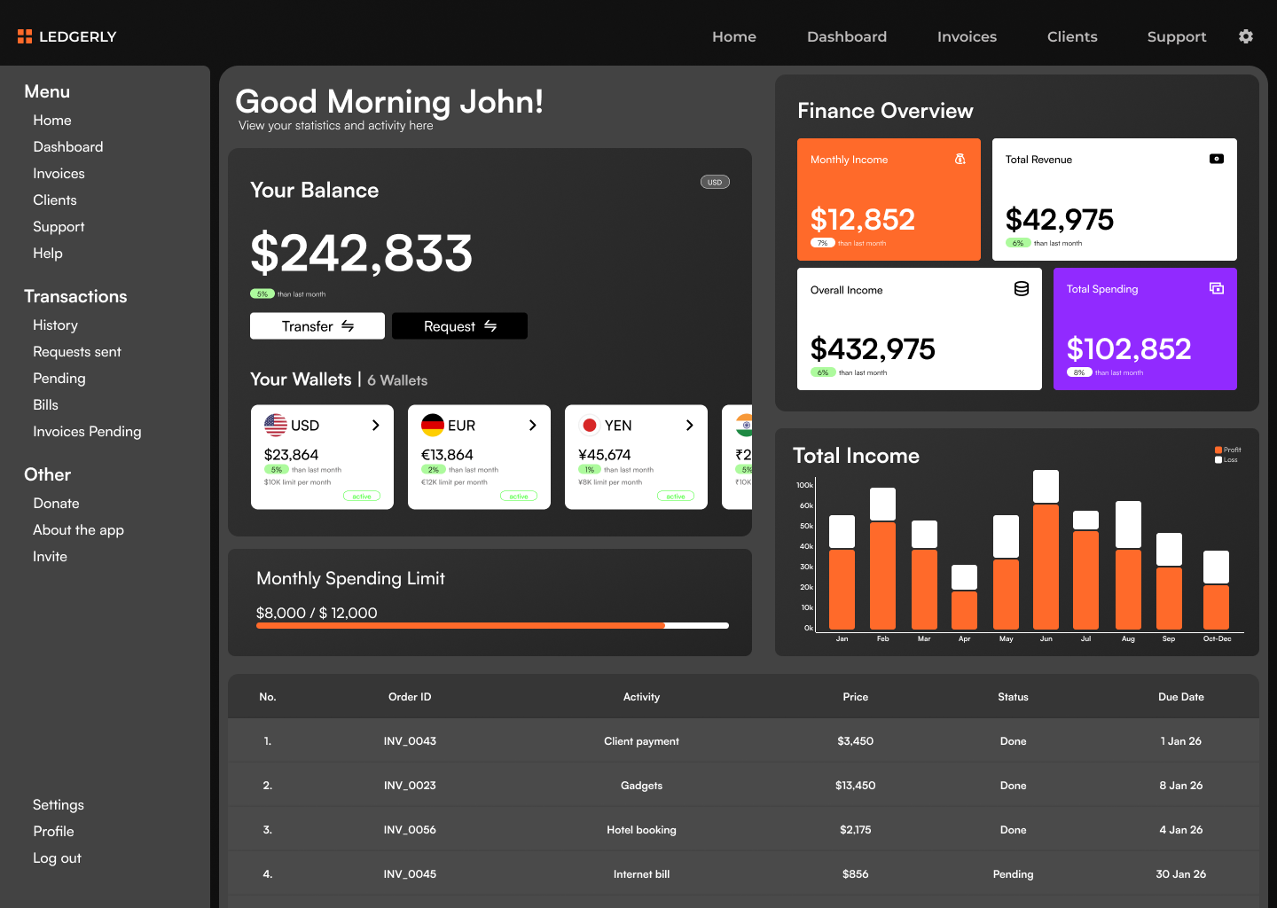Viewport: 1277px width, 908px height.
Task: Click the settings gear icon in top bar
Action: [x=1246, y=36]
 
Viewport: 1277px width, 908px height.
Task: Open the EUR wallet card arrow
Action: [x=532, y=426]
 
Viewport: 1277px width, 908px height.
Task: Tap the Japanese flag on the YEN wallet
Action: [x=590, y=426]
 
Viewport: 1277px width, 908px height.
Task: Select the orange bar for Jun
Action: [x=1046, y=567]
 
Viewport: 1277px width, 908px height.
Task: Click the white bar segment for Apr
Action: [x=964, y=577]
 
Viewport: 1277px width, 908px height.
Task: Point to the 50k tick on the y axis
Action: [x=806, y=526]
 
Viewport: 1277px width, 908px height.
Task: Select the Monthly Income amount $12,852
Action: [x=863, y=220]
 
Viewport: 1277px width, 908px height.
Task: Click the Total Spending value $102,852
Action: [x=1129, y=349]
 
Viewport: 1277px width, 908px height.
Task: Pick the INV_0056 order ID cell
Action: [x=410, y=830]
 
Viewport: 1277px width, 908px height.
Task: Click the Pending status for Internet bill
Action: [x=1013, y=874]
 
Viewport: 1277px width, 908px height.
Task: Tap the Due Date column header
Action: [x=1180, y=697]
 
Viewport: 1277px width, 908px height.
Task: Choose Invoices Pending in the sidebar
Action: [x=87, y=432]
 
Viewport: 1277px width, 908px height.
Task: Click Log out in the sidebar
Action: [x=57, y=858]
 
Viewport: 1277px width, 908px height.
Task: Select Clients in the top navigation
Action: [x=1072, y=36]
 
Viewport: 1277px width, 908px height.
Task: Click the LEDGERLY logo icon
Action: [x=25, y=36]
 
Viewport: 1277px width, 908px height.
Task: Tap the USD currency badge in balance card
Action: [x=715, y=183]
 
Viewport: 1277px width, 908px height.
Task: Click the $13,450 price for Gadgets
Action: [x=855, y=786]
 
